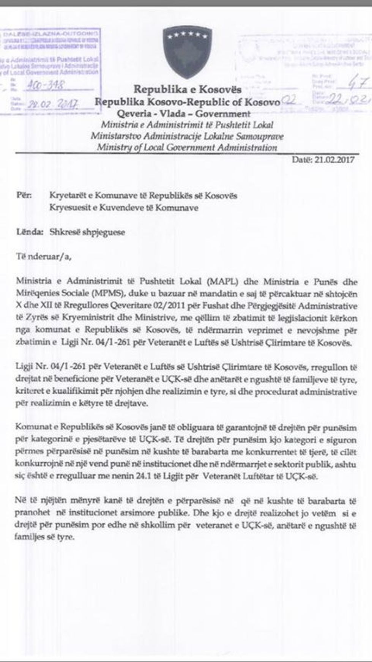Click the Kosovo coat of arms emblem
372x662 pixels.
coord(188,52)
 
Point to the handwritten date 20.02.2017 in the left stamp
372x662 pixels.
coord(52,104)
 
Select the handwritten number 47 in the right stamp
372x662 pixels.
coord(357,83)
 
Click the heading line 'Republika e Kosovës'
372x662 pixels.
coord(187,90)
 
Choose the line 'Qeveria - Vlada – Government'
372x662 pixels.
coord(183,113)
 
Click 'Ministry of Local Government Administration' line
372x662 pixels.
coord(187,147)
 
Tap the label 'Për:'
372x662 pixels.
coord(25,195)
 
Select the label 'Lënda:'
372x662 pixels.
coord(30,232)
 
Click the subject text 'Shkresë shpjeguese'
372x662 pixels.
coord(87,232)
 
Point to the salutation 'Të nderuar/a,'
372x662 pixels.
coord(44,257)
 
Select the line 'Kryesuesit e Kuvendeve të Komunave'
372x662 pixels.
coord(124,208)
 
